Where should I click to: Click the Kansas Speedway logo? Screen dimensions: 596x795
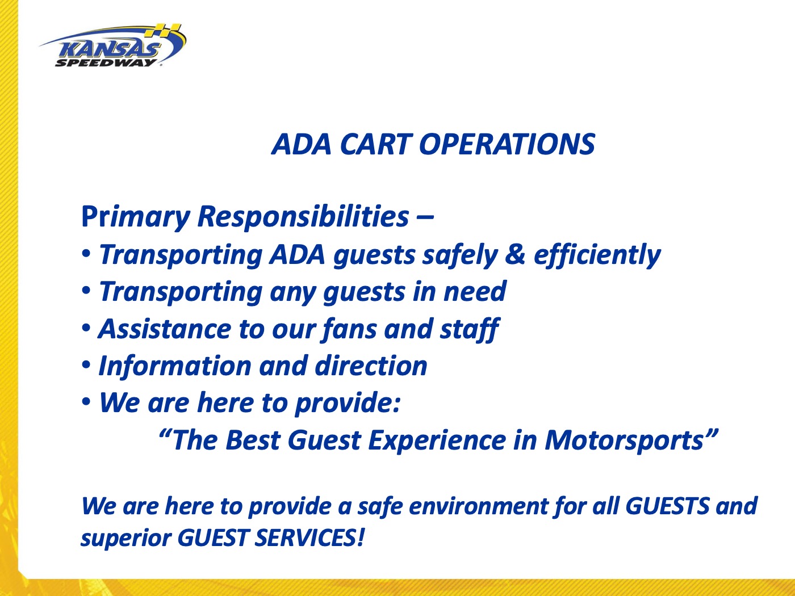[x=112, y=47]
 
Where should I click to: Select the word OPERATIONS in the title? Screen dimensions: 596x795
[x=507, y=144]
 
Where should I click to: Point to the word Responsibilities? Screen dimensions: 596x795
[x=303, y=217]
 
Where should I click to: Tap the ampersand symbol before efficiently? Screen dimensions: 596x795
[x=514, y=255]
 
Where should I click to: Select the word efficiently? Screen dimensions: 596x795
[x=597, y=255]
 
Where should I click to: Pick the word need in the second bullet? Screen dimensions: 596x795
[x=474, y=292]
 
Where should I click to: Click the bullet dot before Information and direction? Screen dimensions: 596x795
[x=86, y=365]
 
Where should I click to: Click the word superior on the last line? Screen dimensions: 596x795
[x=125, y=538]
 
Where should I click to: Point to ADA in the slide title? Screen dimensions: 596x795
[x=302, y=144]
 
